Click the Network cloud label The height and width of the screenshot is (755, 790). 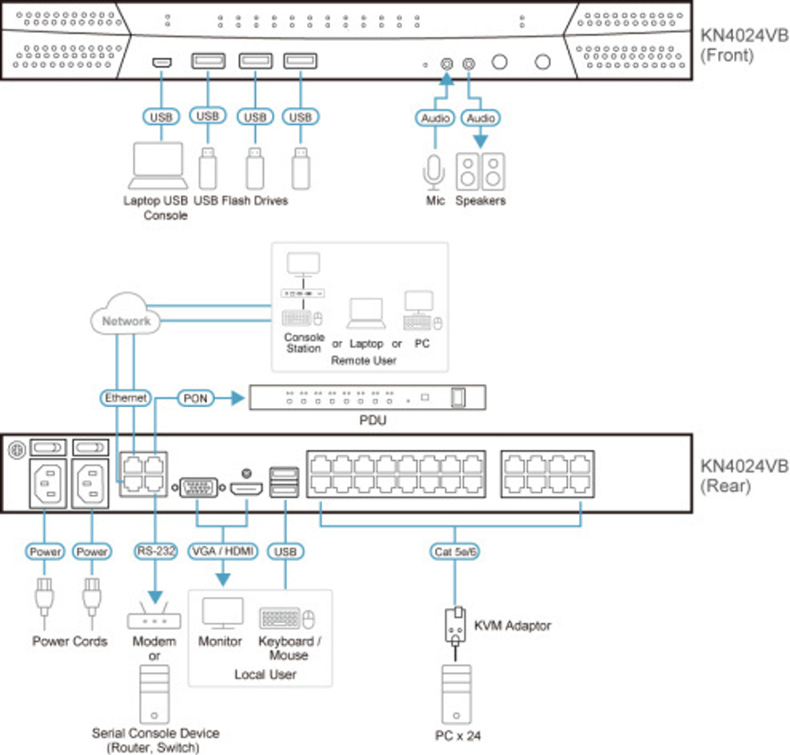pyautogui.click(x=126, y=321)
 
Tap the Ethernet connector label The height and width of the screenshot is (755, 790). pyautogui.click(x=126, y=398)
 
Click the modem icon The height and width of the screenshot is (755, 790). pyautogui.click(x=155, y=618)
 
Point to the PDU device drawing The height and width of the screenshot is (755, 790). pyautogui.click(x=367, y=397)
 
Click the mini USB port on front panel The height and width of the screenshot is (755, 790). pyautogui.click(x=161, y=62)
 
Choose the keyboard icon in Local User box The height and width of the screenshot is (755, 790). pyautogui.click(x=281, y=617)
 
